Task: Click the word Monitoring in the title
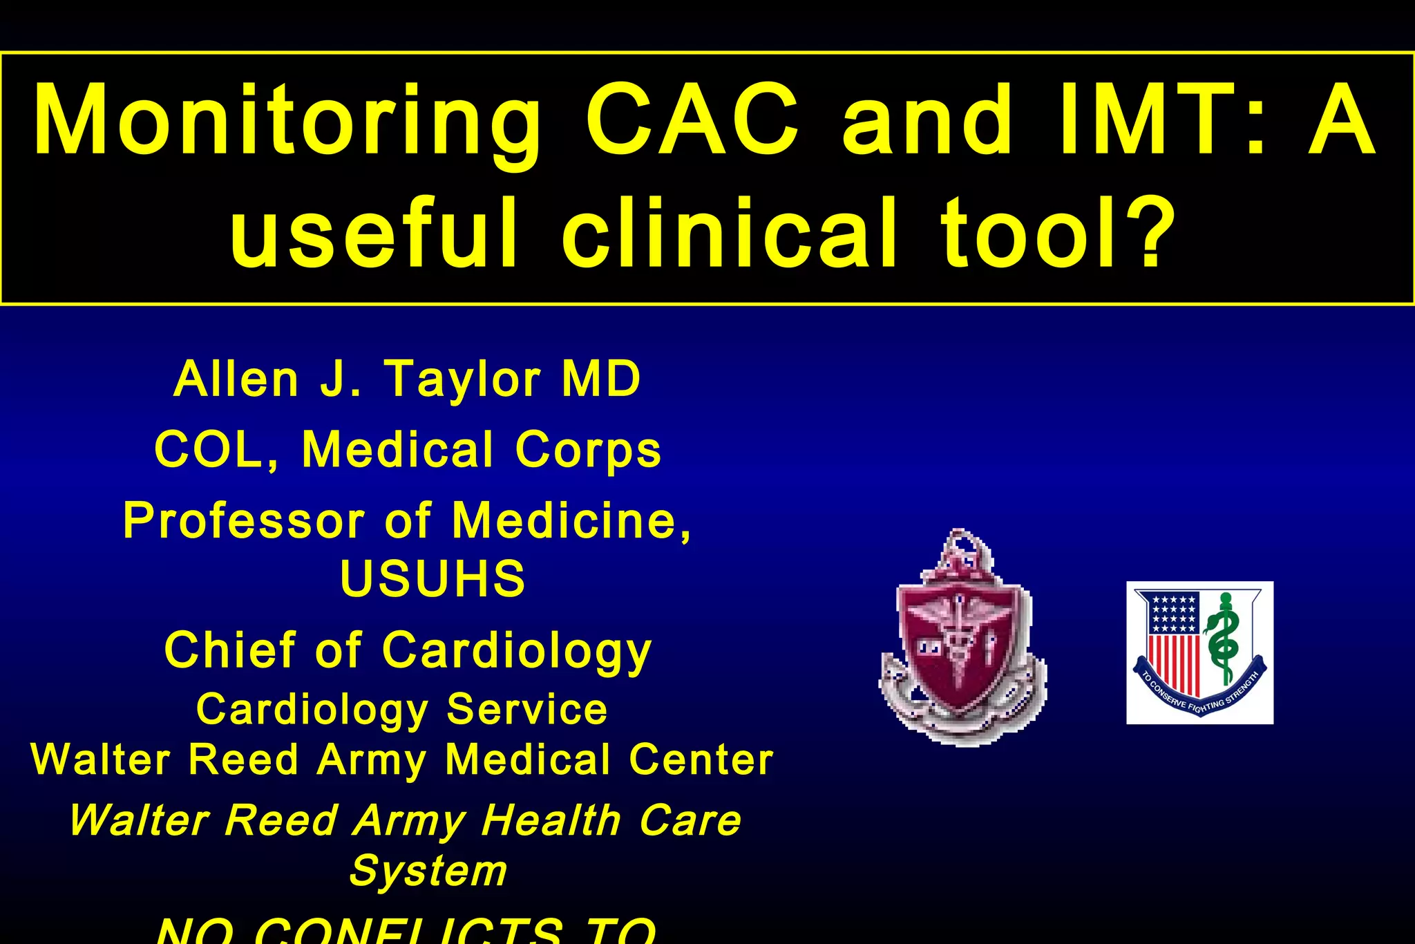click(287, 121)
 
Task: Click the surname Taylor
click(463, 380)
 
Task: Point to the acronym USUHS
click(433, 578)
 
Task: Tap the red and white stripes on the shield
click(1174, 663)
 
